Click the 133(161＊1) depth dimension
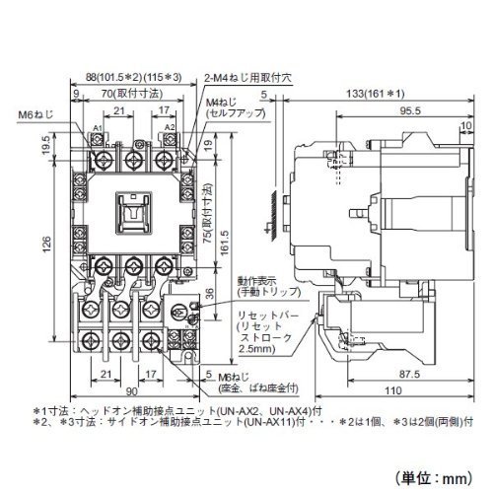(376, 94)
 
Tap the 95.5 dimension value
(410, 110)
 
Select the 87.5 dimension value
(409, 374)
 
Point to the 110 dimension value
(393, 390)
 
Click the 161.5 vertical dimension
(225, 243)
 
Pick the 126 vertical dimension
(47, 244)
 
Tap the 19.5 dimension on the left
(47, 145)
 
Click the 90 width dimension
(131, 391)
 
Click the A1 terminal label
(98, 127)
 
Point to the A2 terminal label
(170, 127)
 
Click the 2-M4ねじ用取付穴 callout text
(247, 78)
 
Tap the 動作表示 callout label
(258, 282)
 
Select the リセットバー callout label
(268, 317)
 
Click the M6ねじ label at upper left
(35, 114)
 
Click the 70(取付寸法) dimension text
(132, 94)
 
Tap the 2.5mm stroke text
(257, 348)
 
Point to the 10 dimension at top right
(466, 125)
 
